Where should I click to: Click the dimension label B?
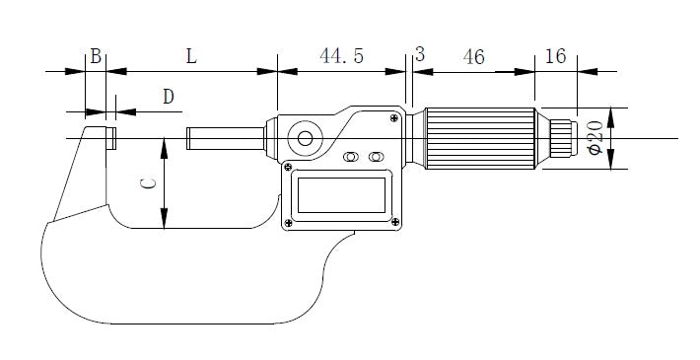96,56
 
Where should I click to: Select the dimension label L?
191,56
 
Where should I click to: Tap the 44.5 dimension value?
341,56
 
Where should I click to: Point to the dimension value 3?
420,54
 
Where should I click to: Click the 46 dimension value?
473,57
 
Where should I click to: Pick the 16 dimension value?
555,56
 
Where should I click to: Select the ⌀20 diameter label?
595,137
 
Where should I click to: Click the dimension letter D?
168,97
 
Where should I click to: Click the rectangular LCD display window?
341,195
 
